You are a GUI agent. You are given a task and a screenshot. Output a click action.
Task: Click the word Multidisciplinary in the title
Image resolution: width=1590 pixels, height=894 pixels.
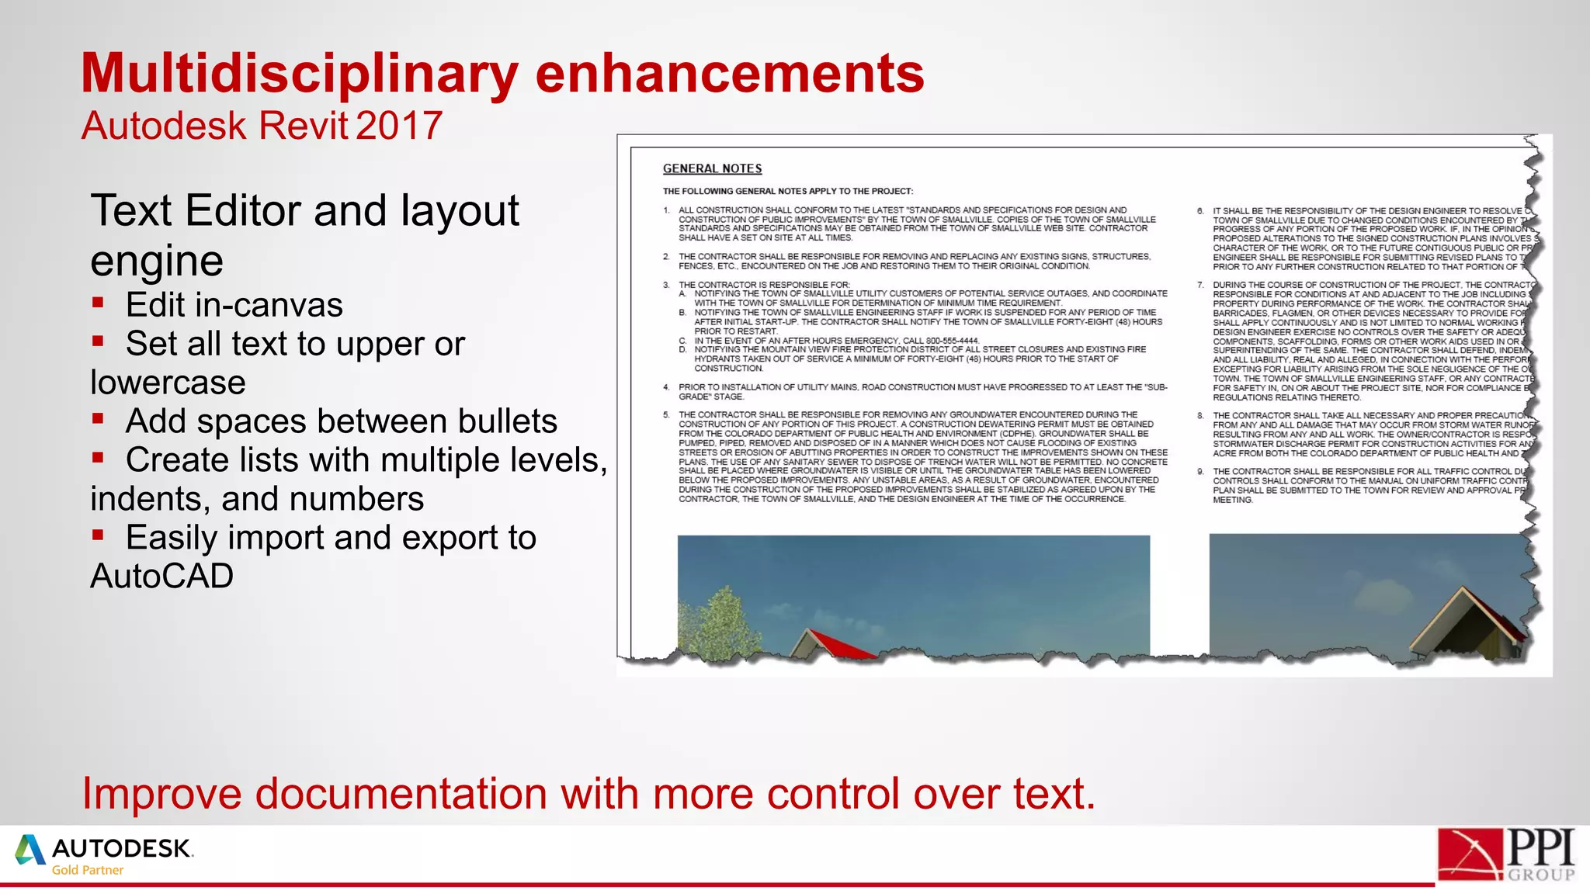[x=299, y=74]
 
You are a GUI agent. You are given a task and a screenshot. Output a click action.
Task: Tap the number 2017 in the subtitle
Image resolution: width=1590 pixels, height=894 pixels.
[x=399, y=126]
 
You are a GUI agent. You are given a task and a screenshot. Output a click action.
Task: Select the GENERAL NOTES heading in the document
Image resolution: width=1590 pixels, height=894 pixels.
[x=712, y=168]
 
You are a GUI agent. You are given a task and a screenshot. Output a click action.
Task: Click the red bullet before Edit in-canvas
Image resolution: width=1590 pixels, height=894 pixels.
[x=98, y=302]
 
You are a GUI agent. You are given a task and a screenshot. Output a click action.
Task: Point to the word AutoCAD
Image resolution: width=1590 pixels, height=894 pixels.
[x=161, y=577]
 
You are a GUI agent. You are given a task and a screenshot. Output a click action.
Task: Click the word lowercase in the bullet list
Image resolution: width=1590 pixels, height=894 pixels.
[x=168, y=383]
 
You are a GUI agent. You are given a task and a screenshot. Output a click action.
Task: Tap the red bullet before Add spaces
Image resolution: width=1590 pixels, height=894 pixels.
[x=98, y=418]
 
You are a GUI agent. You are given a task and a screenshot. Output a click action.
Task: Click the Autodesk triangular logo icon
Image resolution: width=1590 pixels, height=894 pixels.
[x=30, y=850]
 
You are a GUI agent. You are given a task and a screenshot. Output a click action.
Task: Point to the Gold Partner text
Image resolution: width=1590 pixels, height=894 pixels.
[x=88, y=871]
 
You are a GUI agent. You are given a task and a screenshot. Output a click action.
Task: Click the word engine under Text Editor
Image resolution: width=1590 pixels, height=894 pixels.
[x=157, y=262]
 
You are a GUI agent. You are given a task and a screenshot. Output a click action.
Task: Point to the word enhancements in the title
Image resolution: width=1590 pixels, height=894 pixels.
[x=730, y=74]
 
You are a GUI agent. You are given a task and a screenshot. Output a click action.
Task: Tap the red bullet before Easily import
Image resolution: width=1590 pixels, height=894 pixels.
[x=98, y=535]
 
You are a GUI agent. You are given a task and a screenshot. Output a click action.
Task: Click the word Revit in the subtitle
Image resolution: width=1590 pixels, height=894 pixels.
[x=304, y=126]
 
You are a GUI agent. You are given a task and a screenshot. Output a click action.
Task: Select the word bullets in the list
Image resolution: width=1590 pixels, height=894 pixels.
[x=508, y=421]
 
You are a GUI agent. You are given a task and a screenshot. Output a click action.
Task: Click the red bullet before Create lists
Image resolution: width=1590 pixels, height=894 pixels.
[x=98, y=457]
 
